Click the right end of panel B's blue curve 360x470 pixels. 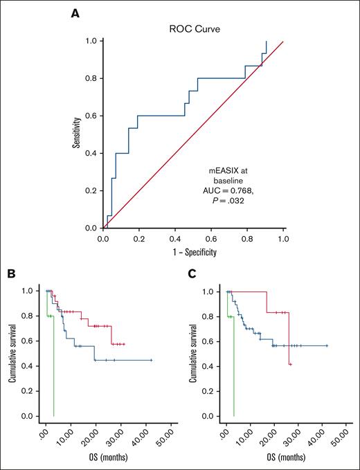pos(151,360)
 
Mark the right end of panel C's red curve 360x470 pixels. pos(291,364)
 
